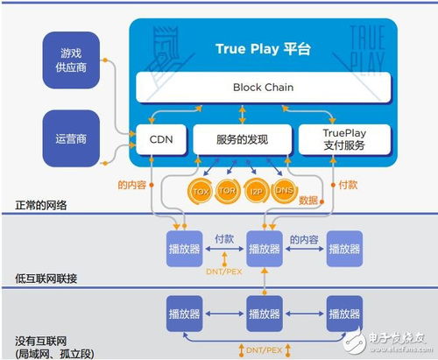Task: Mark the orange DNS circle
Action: click(x=283, y=190)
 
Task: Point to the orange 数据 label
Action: click(x=309, y=200)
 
